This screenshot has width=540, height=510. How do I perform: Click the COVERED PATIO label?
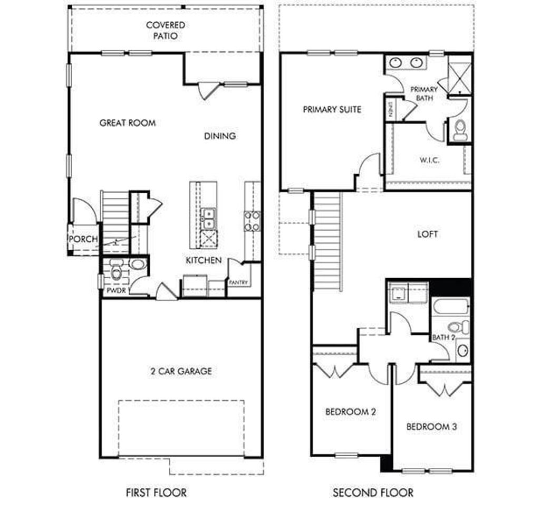(x=166, y=31)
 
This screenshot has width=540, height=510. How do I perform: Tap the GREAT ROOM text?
(x=128, y=123)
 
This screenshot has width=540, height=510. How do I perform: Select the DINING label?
(x=220, y=136)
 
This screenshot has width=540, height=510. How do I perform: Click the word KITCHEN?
(x=203, y=260)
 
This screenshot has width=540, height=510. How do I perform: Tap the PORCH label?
(x=83, y=239)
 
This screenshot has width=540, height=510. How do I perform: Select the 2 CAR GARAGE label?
(x=180, y=371)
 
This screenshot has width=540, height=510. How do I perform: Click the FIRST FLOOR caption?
(x=156, y=493)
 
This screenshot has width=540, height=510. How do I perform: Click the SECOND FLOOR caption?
(x=373, y=493)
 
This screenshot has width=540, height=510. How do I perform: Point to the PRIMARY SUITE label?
(x=332, y=109)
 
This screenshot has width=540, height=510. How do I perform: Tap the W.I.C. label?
(x=430, y=160)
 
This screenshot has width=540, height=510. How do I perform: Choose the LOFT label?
(x=428, y=234)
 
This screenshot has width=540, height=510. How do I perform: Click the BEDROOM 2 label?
(x=350, y=412)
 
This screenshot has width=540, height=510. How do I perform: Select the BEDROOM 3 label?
(x=431, y=427)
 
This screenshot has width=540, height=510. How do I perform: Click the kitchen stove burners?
(x=252, y=221)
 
